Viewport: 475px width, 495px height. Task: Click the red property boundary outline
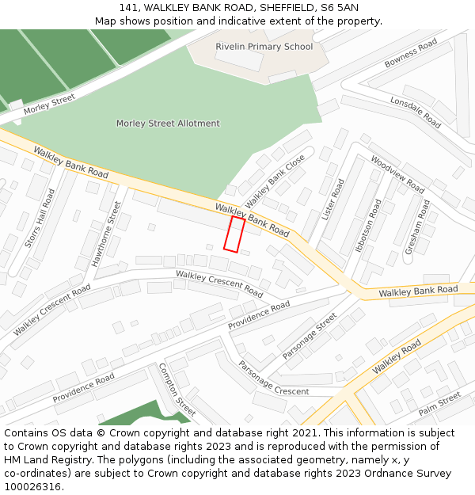[x=234, y=234]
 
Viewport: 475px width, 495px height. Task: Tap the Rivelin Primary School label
[x=264, y=47]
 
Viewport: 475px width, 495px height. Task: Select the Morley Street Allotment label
[x=168, y=124]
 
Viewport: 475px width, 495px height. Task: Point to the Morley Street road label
[x=49, y=104]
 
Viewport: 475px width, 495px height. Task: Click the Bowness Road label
[x=410, y=53]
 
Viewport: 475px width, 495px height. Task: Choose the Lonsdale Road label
[x=416, y=112]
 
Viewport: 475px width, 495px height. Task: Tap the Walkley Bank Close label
[x=275, y=181]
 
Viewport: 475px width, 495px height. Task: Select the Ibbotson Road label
[x=368, y=225]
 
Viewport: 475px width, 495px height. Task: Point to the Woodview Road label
[x=397, y=174]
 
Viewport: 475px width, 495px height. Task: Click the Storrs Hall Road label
[x=40, y=218]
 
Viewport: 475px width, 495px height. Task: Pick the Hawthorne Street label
[x=107, y=233]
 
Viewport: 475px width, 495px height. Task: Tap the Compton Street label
[x=177, y=390]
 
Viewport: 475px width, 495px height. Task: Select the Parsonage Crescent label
[x=273, y=379]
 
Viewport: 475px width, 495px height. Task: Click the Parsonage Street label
[x=310, y=336]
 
